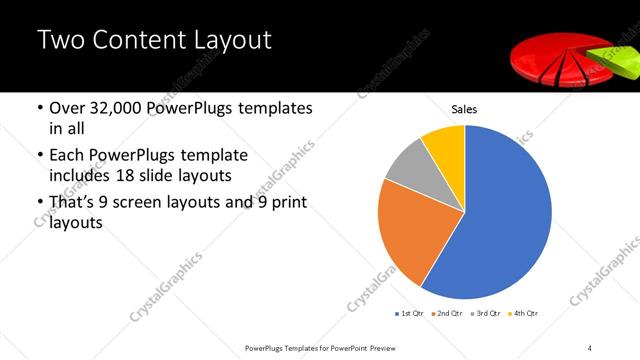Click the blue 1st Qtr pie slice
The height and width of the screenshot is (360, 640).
[x=500, y=220]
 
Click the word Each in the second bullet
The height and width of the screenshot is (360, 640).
[x=67, y=156]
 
